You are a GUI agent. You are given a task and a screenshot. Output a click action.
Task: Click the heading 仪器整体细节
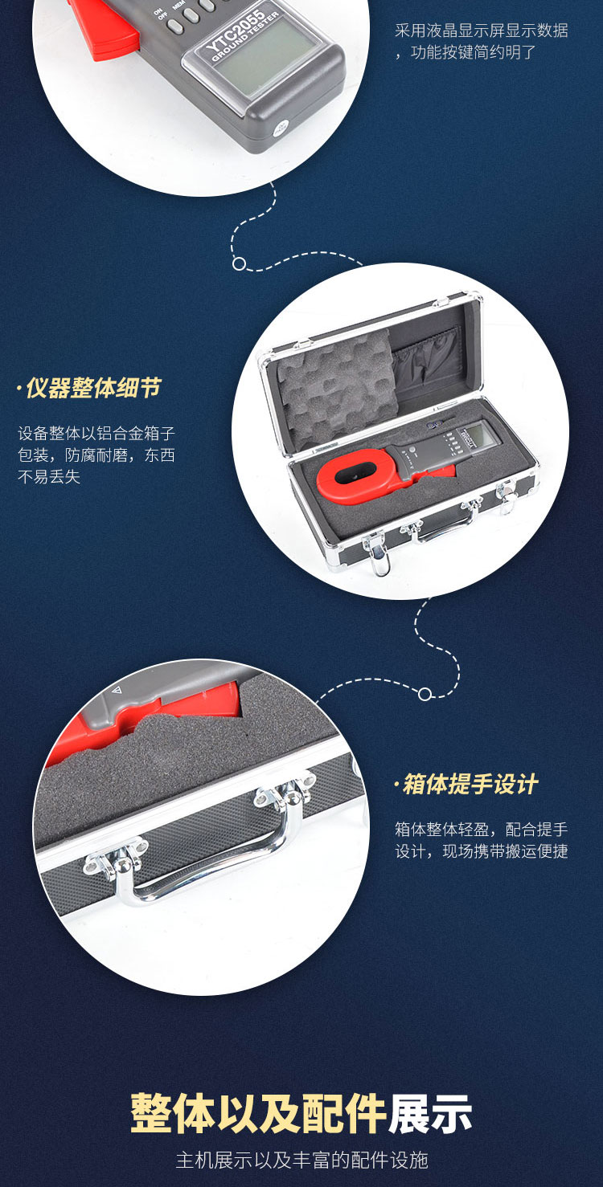(x=89, y=388)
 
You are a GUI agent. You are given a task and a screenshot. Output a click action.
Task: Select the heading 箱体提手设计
(x=466, y=784)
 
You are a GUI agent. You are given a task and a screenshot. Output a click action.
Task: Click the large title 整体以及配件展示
(x=301, y=1114)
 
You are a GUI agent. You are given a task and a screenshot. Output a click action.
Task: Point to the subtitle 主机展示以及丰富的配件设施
(x=301, y=1160)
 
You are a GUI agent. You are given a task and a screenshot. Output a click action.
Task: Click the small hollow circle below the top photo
(x=239, y=263)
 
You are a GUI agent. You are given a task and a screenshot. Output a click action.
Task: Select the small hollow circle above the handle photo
(x=425, y=694)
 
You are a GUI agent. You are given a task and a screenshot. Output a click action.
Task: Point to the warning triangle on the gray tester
(x=116, y=691)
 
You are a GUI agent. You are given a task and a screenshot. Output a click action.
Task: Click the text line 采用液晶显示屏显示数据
(x=481, y=31)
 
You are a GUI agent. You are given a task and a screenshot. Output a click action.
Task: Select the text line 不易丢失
(x=49, y=477)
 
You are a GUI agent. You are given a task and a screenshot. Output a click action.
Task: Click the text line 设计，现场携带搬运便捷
(x=481, y=851)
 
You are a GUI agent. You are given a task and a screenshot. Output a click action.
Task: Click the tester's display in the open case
(x=475, y=434)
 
